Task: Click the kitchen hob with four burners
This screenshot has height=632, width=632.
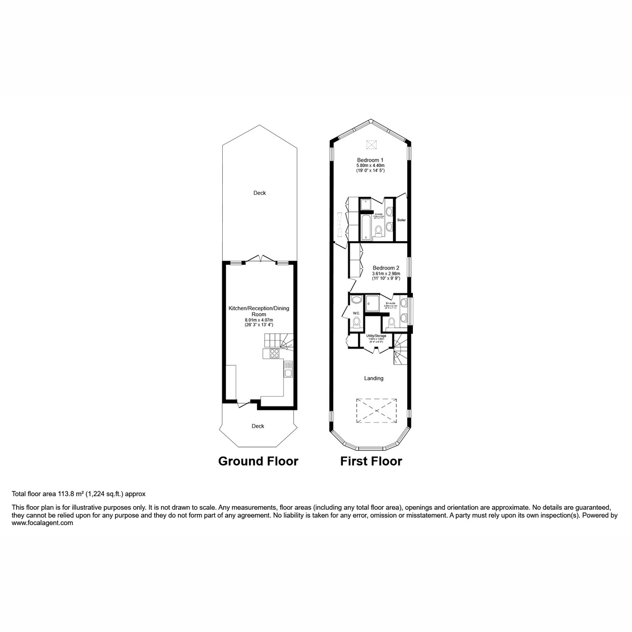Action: click(x=274, y=353)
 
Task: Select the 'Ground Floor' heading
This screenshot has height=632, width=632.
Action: click(x=258, y=461)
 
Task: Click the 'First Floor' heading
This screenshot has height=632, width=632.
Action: click(x=371, y=461)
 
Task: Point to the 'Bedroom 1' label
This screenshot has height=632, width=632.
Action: click(x=370, y=160)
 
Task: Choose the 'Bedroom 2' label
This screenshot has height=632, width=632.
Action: click(x=386, y=268)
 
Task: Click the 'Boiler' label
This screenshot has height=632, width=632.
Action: click(x=401, y=220)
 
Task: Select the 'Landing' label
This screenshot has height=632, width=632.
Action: click(x=374, y=378)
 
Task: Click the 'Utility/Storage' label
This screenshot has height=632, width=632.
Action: click(x=377, y=335)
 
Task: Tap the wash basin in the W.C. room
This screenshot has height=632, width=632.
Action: click(x=356, y=300)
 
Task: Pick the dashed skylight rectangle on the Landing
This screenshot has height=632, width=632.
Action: click(x=376, y=410)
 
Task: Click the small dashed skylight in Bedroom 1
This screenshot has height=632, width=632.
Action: click(x=372, y=145)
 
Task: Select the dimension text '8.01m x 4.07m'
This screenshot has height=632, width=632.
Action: click(x=259, y=320)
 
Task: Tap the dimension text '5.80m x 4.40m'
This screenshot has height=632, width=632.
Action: click(x=370, y=166)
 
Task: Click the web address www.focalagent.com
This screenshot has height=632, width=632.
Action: click(x=42, y=524)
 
